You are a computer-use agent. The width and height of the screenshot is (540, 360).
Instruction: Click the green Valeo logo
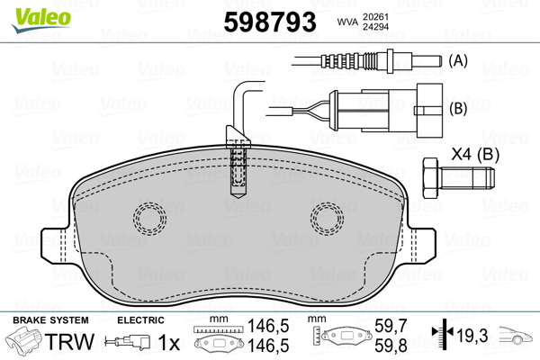41,20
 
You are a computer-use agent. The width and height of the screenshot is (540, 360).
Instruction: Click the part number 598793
270,22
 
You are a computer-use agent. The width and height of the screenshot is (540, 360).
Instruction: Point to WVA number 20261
375,17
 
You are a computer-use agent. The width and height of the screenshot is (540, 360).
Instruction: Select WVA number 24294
375,27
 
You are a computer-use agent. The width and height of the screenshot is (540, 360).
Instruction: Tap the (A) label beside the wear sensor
458,61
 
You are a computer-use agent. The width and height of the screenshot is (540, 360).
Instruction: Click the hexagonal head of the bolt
430,178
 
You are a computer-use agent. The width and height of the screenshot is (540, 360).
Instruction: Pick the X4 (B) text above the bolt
475,154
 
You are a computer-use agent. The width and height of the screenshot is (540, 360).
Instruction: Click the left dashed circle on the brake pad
149,219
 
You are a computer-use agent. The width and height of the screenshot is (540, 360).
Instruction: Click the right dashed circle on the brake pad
327,219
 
